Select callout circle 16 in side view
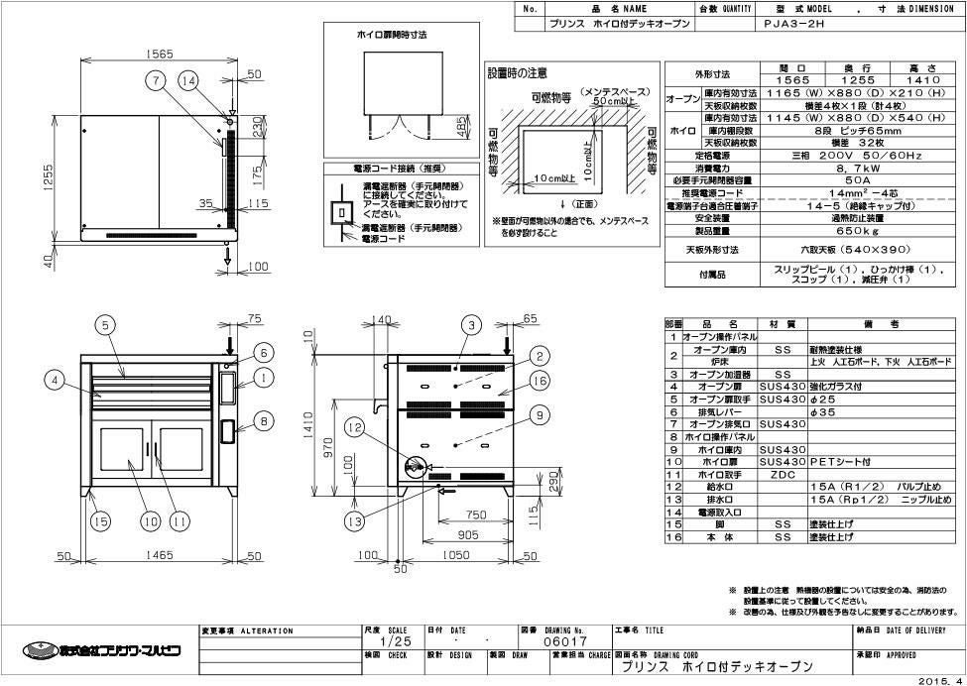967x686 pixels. (538, 379)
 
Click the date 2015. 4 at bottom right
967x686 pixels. (939, 681)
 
